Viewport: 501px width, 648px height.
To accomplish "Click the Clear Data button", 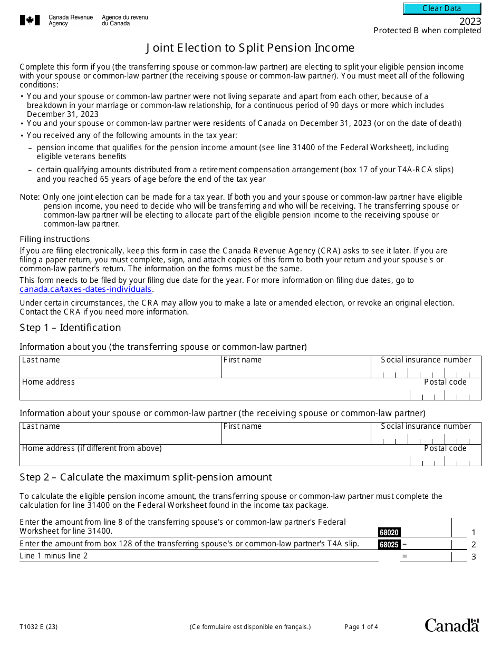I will pyautogui.click(x=442, y=8).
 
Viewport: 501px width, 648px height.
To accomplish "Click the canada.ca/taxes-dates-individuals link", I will pyautogui.click(x=86, y=289).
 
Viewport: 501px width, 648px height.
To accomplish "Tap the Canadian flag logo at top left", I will pyautogui.click(x=30, y=20).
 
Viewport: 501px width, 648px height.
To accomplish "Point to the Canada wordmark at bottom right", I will pyautogui.click(x=452, y=625).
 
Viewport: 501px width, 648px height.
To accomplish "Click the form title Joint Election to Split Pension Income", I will pyautogui.click(x=250, y=48).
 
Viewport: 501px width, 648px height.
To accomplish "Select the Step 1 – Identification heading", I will pyautogui.click(x=70, y=328).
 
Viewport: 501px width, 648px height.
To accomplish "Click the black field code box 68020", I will pyautogui.click(x=389, y=533).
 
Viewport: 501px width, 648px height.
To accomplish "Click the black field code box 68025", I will pyautogui.click(x=389, y=544).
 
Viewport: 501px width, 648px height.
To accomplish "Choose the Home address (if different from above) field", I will pyautogui.click(x=211, y=458).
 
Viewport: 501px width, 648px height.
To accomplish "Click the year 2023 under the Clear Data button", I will pyautogui.click(x=470, y=22).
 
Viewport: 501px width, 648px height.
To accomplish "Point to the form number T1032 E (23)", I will pyautogui.click(x=39, y=627).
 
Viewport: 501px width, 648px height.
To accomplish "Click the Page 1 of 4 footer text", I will pyautogui.click(x=361, y=627).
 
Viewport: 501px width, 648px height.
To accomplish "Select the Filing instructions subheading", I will pyautogui.click(x=55, y=239).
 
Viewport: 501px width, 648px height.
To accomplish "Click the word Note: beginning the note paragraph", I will pyautogui.click(x=30, y=197).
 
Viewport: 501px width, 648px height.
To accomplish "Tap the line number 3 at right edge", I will pyautogui.click(x=474, y=556).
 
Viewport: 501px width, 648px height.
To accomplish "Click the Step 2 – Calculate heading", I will pyautogui.click(x=146, y=477).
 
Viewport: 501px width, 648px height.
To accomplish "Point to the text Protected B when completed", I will pyautogui.click(x=427, y=31).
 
